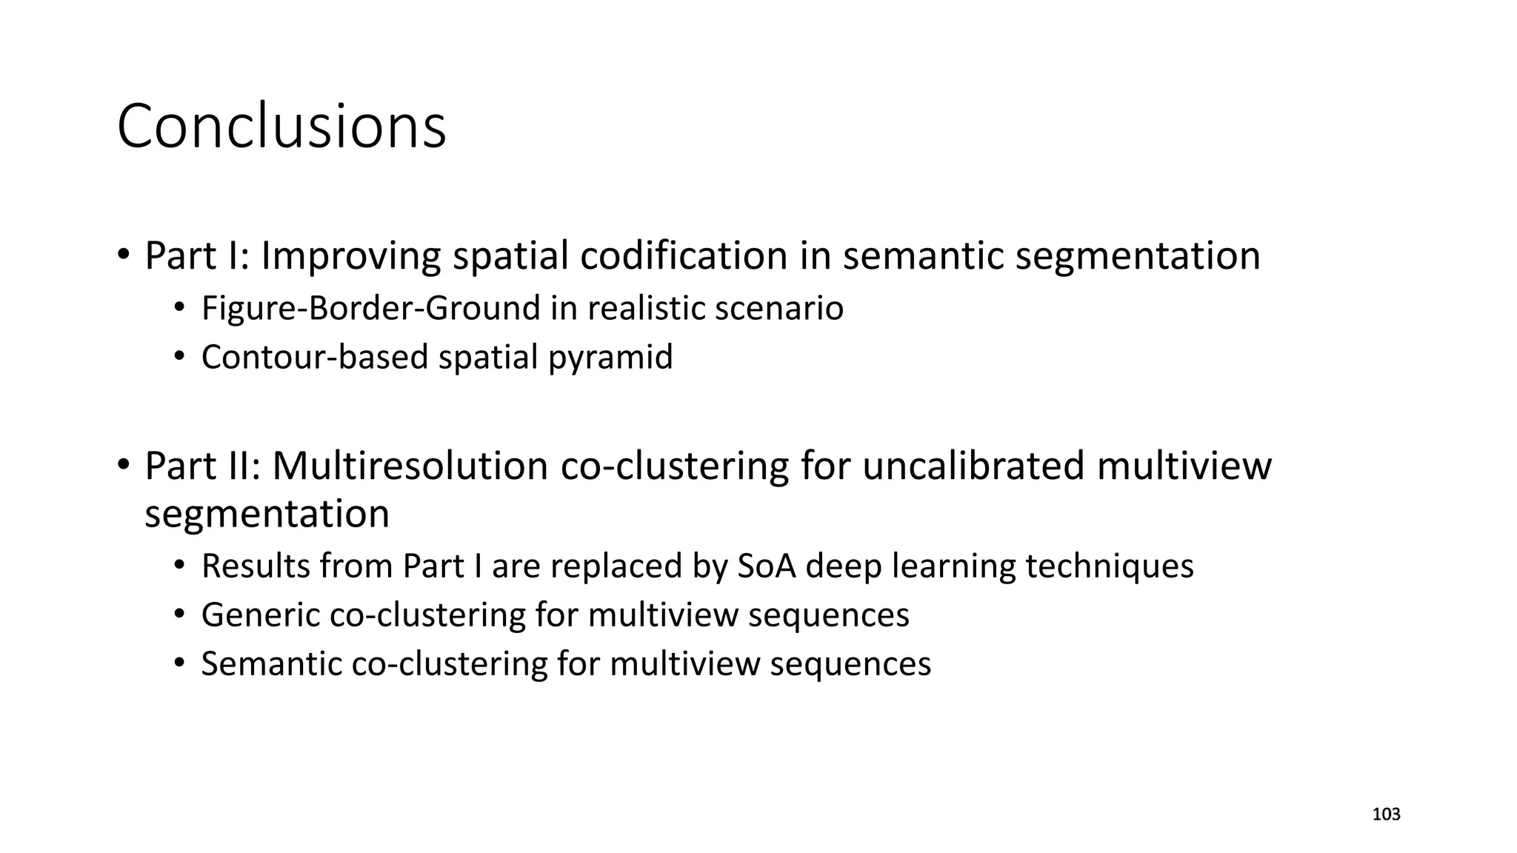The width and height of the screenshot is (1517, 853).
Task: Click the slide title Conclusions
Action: click(281, 127)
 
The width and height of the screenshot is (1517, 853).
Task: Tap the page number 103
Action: click(1386, 814)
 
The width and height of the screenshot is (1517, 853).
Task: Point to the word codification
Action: click(683, 256)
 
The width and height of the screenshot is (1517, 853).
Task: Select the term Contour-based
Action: click(315, 357)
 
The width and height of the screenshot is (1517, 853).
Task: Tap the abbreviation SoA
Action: click(767, 566)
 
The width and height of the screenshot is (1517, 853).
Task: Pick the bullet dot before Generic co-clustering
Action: click(179, 615)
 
